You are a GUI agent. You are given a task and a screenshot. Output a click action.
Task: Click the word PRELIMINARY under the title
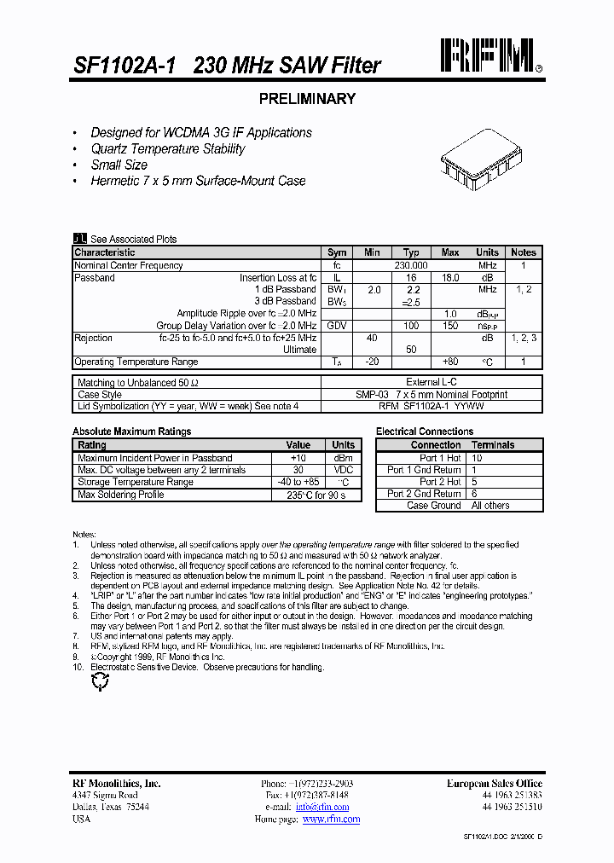[306, 99]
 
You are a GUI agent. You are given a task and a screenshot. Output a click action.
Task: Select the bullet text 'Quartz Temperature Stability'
[168, 149]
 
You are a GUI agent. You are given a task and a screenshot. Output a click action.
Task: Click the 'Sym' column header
[337, 252]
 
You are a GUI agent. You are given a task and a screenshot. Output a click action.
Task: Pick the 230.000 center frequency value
[411, 265]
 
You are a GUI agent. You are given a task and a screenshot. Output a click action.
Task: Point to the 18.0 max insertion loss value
[450, 278]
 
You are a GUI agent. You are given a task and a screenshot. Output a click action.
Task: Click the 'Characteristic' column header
[105, 252]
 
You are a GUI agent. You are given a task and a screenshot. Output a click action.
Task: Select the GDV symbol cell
[337, 326]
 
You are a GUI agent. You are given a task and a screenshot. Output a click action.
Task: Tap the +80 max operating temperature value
[450, 362]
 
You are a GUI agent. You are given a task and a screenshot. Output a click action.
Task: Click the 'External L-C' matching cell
[431, 383]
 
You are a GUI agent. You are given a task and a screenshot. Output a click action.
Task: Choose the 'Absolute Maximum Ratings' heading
[132, 431]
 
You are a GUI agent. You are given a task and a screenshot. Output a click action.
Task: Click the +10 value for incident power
[298, 458]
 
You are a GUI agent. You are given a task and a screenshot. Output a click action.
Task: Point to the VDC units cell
[344, 470]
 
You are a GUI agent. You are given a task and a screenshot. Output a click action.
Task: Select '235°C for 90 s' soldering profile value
[316, 495]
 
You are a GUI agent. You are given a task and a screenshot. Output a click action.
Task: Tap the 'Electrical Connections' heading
[426, 431]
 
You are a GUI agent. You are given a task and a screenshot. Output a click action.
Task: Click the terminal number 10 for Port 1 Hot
[477, 458]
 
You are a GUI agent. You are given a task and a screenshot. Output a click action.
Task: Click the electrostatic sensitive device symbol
[101, 681]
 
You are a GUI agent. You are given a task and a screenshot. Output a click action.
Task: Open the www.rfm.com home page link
[331, 820]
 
